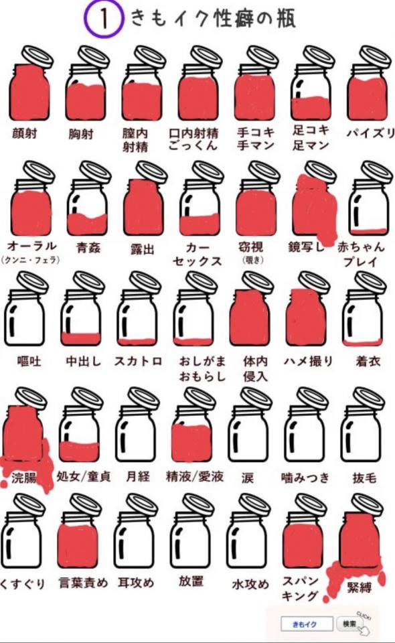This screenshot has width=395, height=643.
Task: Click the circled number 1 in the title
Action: click(x=104, y=19)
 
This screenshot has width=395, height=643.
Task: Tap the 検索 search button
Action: click(x=349, y=624)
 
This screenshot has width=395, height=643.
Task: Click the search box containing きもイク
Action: click(x=304, y=624)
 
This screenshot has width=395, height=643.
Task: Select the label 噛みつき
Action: click(x=306, y=478)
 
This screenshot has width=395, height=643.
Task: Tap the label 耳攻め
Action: click(x=136, y=583)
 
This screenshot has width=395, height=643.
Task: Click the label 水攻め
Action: click(x=250, y=583)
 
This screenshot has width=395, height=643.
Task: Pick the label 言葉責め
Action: click(x=82, y=583)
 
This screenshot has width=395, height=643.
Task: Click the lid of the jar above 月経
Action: click(x=144, y=397)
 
